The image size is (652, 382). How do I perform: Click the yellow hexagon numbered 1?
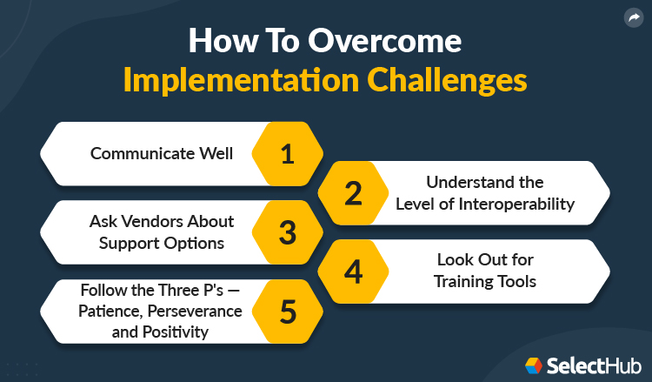click(287, 154)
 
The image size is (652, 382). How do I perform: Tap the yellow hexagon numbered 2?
click(352, 193)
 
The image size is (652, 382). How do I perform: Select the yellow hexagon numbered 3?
click(287, 232)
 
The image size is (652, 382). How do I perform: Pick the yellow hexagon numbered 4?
click(352, 271)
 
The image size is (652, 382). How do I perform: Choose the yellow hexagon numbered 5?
click(287, 311)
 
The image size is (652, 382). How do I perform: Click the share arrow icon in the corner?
click(633, 17)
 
